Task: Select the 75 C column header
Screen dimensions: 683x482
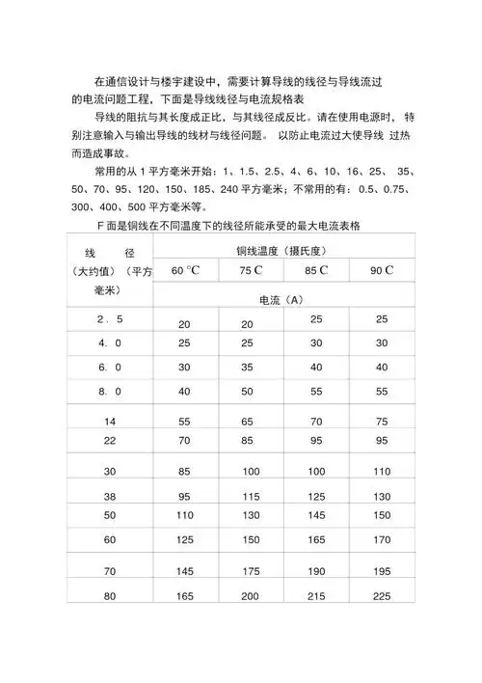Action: [252, 270]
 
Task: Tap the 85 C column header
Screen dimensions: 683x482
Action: [316, 270]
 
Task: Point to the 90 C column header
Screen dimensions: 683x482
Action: [382, 270]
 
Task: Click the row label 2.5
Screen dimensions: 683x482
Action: [109, 319]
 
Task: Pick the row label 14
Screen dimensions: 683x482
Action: [109, 422]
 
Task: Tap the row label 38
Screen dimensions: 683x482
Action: [109, 496]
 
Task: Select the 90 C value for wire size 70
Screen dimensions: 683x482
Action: [382, 572]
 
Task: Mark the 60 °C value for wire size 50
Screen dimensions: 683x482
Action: [185, 516]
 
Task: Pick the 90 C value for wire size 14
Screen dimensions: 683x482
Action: [382, 422]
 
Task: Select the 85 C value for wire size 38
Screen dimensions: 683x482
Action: [316, 496]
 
